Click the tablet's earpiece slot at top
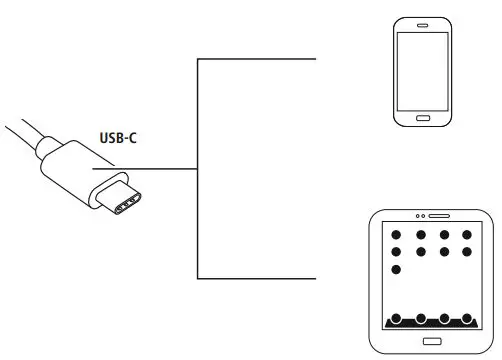441,216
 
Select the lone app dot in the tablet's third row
396,270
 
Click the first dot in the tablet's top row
396,236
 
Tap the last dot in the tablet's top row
467,236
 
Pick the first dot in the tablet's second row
396,252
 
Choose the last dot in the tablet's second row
467,252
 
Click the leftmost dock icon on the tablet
396,319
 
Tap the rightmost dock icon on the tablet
467,319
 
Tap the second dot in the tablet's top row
420,236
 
